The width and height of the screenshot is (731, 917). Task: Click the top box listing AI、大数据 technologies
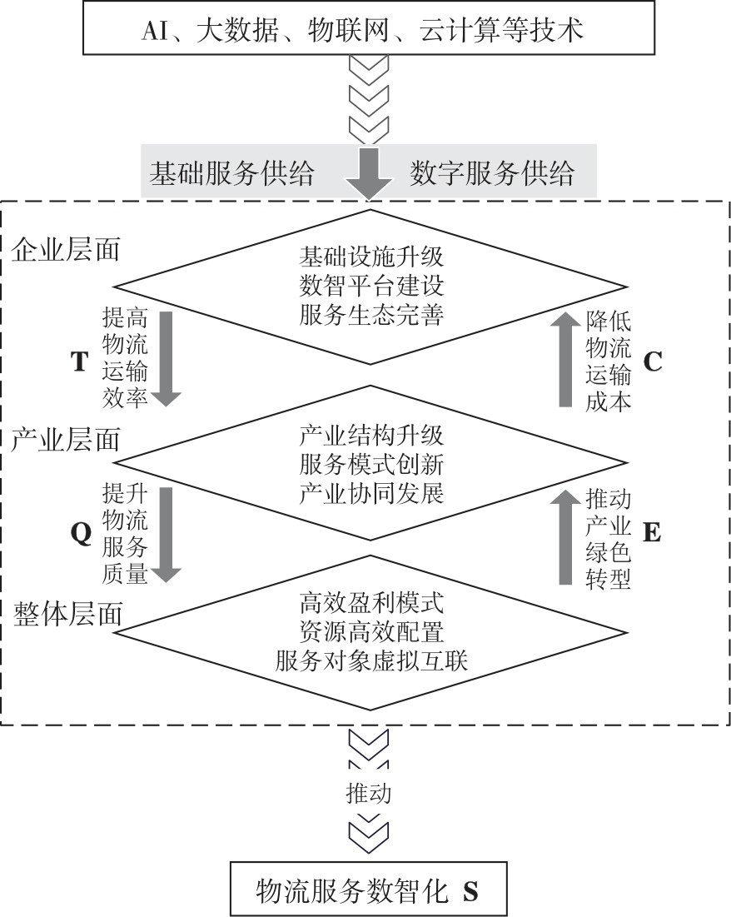point(369,28)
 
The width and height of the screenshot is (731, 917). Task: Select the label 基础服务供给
point(231,173)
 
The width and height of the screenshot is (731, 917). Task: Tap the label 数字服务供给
point(492,173)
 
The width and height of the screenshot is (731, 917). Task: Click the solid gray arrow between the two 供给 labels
point(369,173)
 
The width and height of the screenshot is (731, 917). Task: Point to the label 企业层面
point(66,250)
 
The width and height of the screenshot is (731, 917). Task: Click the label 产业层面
point(66,439)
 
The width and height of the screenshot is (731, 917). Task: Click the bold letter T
point(80,361)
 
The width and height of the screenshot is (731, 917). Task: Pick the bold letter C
point(653,361)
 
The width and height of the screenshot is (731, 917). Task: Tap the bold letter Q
point(82,533)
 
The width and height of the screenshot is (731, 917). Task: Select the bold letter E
point(651,532)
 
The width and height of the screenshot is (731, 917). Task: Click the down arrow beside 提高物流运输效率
point(167,358)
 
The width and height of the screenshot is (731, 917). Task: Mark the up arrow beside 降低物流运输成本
point(565,358)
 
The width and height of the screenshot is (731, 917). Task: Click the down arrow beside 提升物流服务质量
point(167,535)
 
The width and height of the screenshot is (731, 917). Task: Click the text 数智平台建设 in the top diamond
point(371,286)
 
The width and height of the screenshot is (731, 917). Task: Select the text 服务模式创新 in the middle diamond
point(371,465)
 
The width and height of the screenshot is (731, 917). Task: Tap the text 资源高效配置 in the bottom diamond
point(371,631)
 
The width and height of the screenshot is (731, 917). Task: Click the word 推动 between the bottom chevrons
point(369,793)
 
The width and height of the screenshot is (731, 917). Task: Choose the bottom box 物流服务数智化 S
point(369,889)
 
